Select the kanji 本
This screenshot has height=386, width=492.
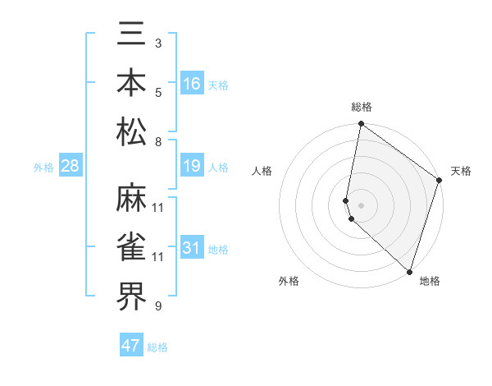coord(131,85)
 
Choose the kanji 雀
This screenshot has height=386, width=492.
coord(131,247)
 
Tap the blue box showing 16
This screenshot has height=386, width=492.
coord(192,84)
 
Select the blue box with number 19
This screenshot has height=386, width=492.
coord(192,167)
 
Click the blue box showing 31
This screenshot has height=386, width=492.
coord(192,248)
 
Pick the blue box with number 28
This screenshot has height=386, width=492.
coord(71,167)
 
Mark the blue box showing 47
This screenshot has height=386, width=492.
coord(131,346)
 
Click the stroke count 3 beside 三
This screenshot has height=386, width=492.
coord(157,42)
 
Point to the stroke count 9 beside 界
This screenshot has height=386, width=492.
coord(157,306)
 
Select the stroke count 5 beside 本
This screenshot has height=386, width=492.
coord(157,92)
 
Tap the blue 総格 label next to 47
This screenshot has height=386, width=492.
coord(158,347)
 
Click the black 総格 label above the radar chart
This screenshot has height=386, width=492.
coord(362,107)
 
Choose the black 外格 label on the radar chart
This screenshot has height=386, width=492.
coord(289,281)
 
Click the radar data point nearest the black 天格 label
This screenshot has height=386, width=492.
coord(440,181)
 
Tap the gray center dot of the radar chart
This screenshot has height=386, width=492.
coord(362,204)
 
